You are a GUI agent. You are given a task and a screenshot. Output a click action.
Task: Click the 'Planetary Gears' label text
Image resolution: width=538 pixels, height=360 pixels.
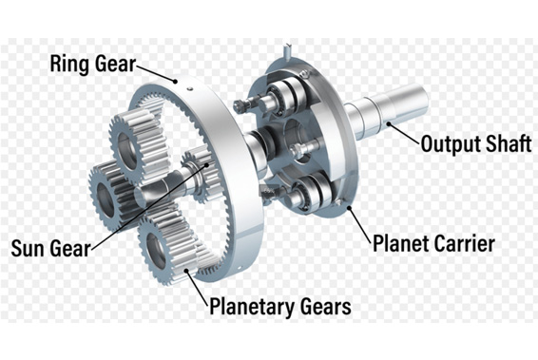(x=279, y=306)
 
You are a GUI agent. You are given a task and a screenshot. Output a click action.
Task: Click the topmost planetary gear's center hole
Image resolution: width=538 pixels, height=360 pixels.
(x=129, y=143)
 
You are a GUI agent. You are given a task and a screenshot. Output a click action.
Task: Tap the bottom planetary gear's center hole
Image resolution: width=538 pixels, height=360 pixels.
(x=156, y=250)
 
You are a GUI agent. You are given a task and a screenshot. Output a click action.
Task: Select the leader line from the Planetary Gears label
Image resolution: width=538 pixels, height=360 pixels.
(x=202, y=284)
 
